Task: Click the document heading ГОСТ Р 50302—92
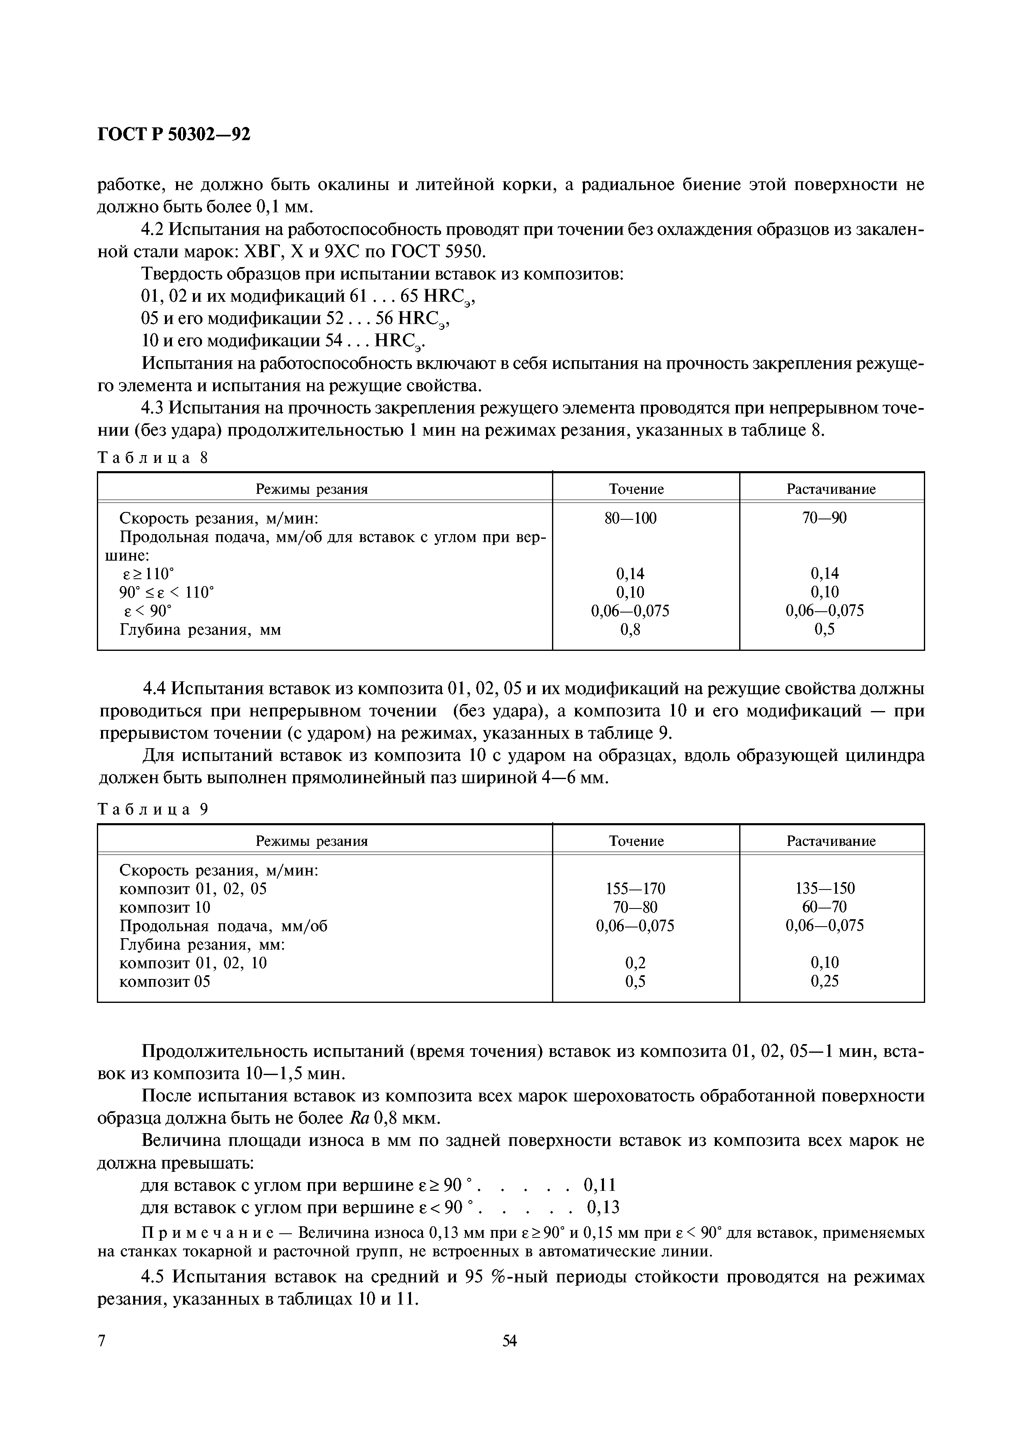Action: click(x=174, y=135)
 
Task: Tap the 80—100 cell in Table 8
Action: click(x=635, y=518)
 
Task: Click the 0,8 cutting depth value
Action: click(x=630, y=629)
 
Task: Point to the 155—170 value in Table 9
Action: click(x=635, y=889)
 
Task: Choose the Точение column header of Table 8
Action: click(x=636, y=489)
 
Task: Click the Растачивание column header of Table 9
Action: click(x=831, y=841)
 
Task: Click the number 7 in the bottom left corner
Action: click(x=102, y=1359)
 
